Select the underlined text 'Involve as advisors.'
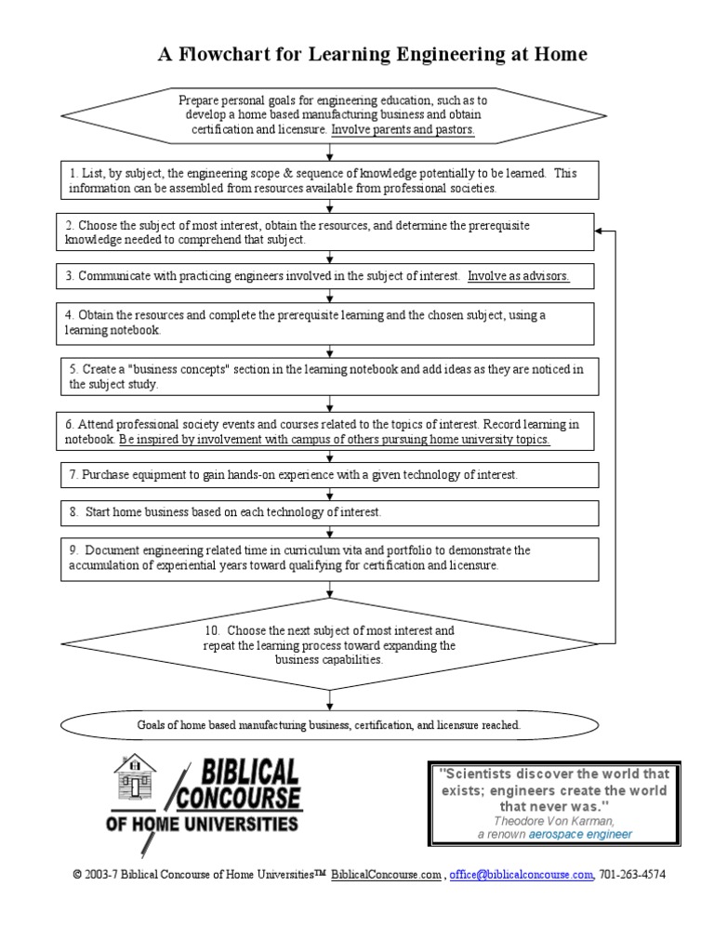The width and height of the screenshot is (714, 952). (x=519, y=276)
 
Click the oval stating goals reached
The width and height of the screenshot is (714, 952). (x=329, y=724)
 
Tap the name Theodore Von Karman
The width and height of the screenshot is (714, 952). (x=553, y=821)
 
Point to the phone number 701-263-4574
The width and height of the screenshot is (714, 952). (x=633, y=876)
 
